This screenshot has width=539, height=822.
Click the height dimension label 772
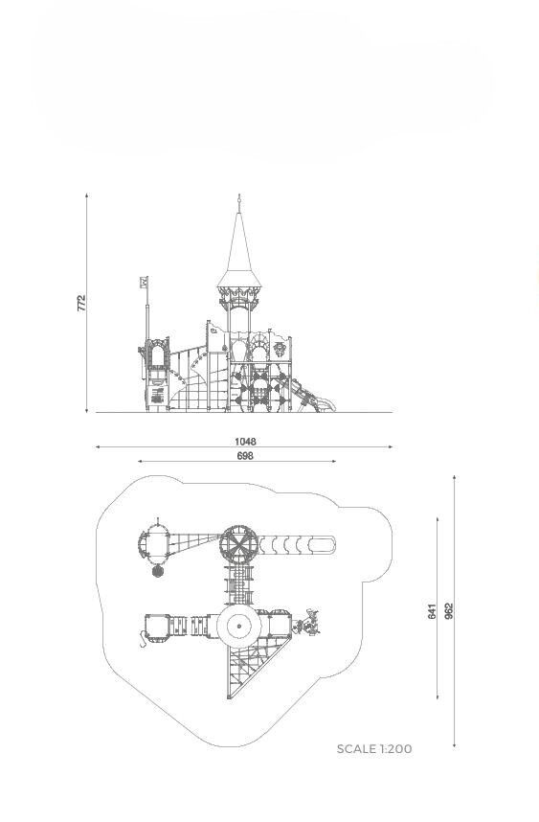tap(81, 303)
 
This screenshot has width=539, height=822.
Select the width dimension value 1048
tap(245, 442)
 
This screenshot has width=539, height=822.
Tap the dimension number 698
tap(245, 456)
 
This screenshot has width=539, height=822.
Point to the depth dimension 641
tap(432, 611)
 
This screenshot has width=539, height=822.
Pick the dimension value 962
tap(449, 611)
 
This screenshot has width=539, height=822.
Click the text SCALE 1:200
tap(374, 748)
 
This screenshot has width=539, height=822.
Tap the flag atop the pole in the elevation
tap(144, 282)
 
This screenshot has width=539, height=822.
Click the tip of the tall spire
tap(239, 194)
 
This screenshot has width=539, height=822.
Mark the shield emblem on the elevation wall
tap(280, 349)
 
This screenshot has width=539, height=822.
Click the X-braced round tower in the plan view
tap(238, 545)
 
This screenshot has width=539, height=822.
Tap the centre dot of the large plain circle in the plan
tap(238, 626)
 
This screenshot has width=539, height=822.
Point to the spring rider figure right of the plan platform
tap(307, 624)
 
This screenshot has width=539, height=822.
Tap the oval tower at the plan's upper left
tap(154, 542)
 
